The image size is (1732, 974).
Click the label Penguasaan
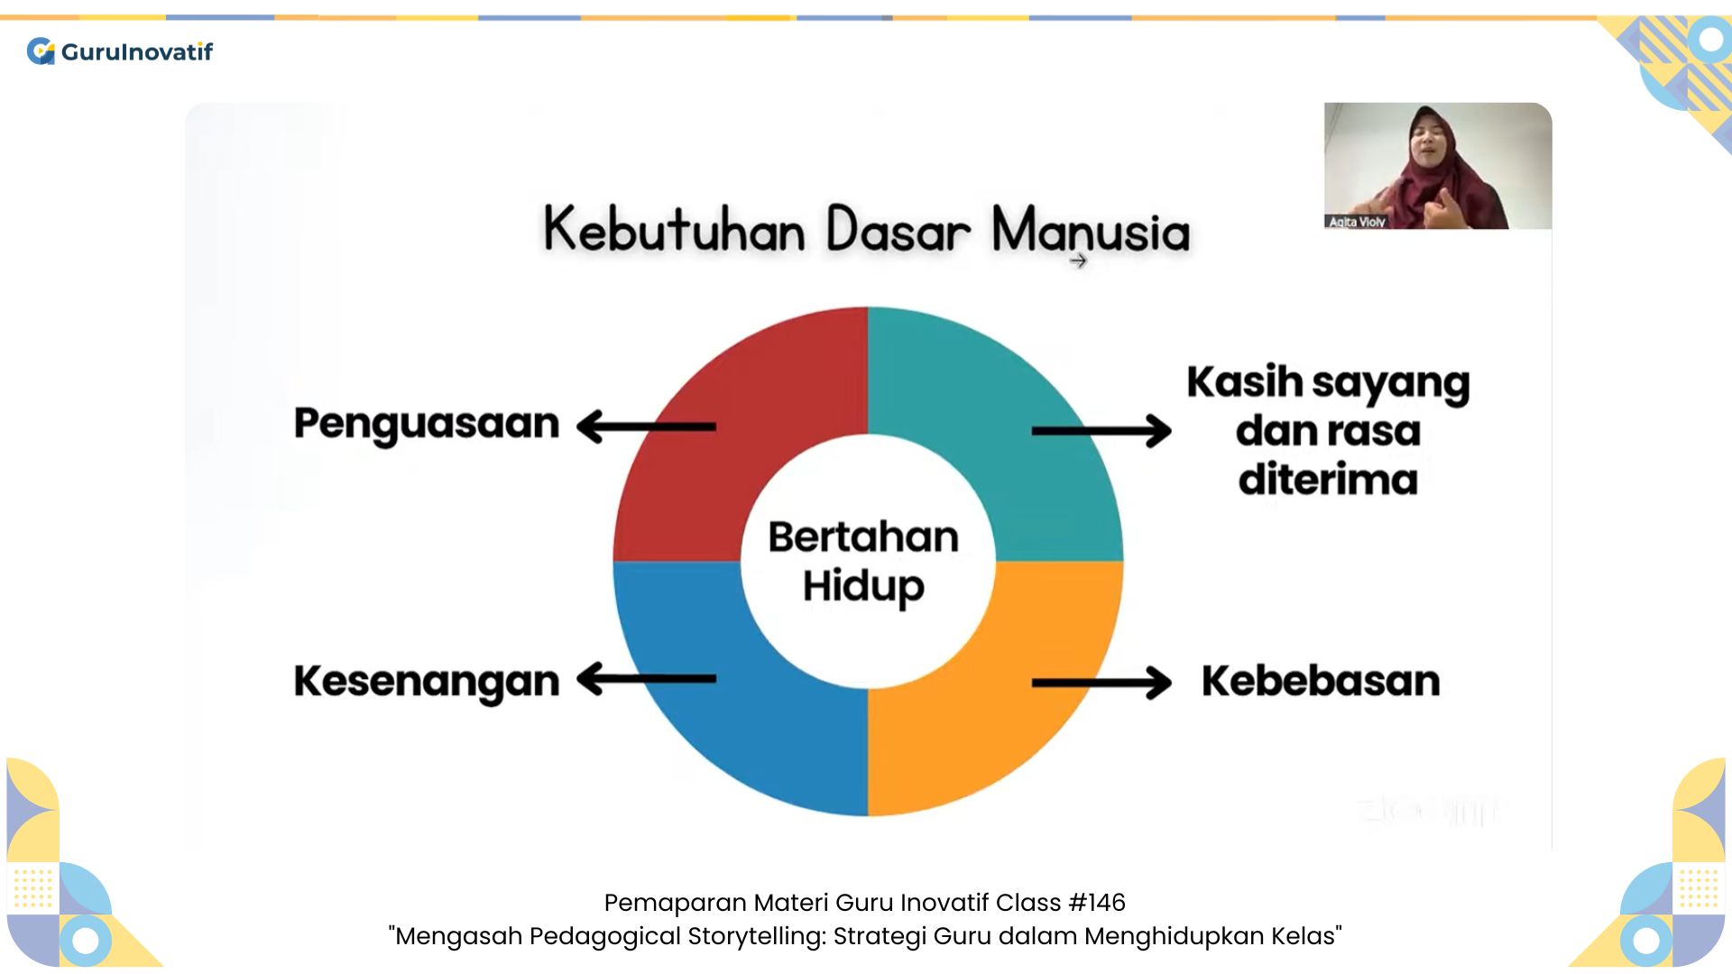(x=427, y=424)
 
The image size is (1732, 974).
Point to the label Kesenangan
(x=427, y=682)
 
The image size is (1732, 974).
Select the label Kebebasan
(x=1321, y=681)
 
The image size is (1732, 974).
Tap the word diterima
(x=1328, y=479)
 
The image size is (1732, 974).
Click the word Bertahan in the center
(x=863, y=538)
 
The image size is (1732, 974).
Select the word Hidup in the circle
(x=863, y=586)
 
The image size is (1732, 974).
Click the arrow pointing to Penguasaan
(x=645, y=427)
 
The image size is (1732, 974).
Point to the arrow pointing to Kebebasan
(x=1101, y=683)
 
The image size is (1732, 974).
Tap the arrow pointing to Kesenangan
(x=645, y=679)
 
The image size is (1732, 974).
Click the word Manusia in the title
(x=1091, y=230)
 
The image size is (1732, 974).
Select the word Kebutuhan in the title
(x=674, y=230)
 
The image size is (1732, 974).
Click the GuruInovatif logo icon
(x=41, y=51)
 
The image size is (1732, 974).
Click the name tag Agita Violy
(x=1356, y=222)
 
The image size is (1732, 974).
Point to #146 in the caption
(x=1096, y=902)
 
